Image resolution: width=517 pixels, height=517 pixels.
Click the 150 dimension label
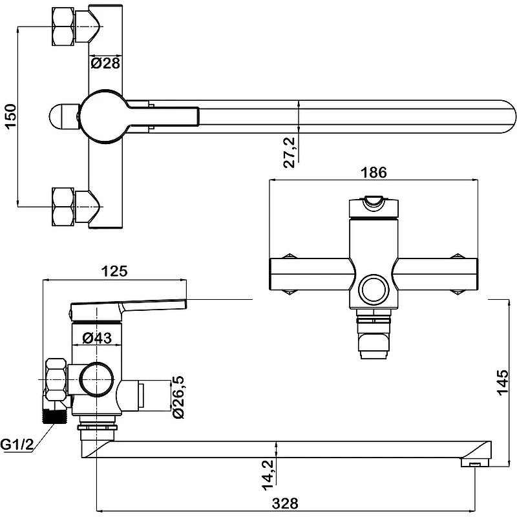click(x=10, y=116)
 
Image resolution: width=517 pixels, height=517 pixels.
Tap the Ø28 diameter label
click(x=105, y=63)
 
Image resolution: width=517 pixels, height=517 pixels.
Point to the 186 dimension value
click(x=374, y=173)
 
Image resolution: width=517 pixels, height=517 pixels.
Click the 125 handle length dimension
click(x=114, y=271)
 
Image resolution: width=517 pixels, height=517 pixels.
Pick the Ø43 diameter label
click(x=97, y=337)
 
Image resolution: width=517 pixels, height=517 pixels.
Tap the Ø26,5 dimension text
click(x=178, y=397)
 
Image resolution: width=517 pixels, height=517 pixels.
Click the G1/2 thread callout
click(x=17, y=445)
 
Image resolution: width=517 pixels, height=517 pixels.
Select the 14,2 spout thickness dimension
click(x=268, y=475)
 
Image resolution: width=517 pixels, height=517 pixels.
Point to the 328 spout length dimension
click(x=285, y=503)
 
